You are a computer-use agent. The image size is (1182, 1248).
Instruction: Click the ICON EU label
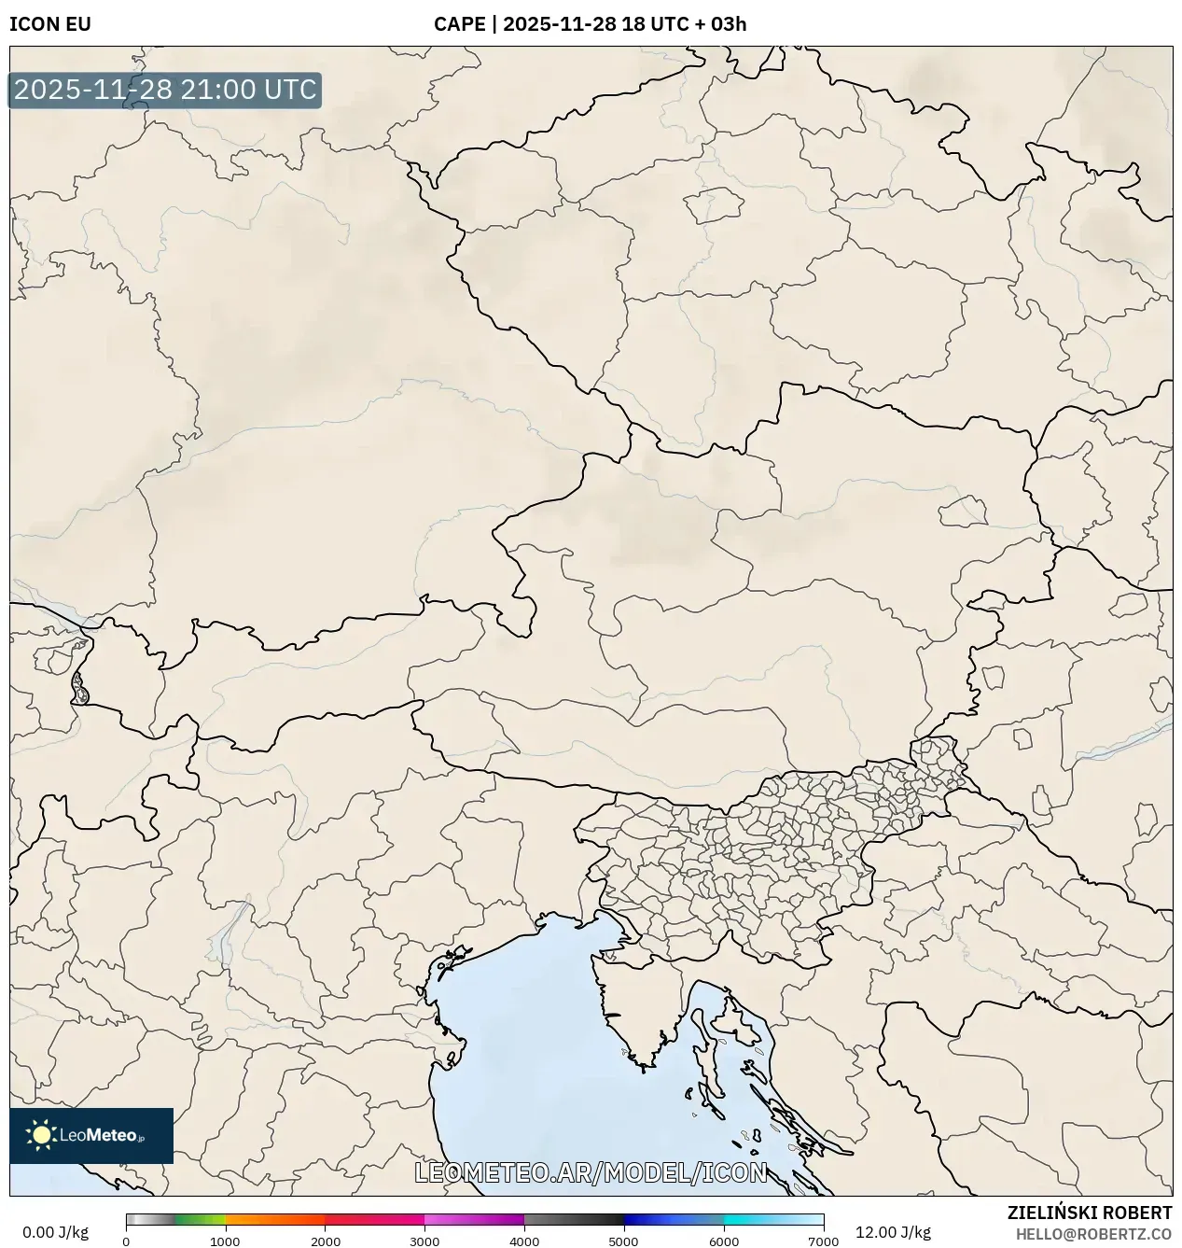click(50, 24)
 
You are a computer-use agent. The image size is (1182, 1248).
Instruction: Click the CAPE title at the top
click(590, 24)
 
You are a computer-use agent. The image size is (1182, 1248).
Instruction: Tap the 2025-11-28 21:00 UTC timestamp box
click(165, 90)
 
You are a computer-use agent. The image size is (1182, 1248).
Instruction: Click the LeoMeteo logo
click(91, 1135)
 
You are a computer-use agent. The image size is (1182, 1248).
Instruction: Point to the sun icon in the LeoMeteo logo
click(41, 1135)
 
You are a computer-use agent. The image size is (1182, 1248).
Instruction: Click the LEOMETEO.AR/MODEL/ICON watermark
click(591, 1172)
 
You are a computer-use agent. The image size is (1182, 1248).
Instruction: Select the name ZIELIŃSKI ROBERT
click(1089, 1213)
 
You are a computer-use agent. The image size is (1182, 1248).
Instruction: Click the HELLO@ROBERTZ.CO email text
click(1093, 1234)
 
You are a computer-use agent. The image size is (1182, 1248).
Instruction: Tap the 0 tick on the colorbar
click(126, 1241)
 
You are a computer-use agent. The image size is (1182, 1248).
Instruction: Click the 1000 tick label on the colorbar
click(225, 1241)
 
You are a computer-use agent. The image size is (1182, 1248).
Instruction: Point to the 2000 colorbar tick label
click(325, 1241)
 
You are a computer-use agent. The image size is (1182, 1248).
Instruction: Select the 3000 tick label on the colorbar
click(424, 1241)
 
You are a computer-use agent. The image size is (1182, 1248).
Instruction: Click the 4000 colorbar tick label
click(524, 1241)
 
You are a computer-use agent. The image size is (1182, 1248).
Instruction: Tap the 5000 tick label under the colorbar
click(624, 1241)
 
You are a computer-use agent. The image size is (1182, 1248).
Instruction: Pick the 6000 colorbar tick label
click(724, 1241)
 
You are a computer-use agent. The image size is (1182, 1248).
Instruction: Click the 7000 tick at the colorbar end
click(823, 1241)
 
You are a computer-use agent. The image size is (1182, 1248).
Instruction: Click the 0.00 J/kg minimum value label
click(55, 1232)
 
